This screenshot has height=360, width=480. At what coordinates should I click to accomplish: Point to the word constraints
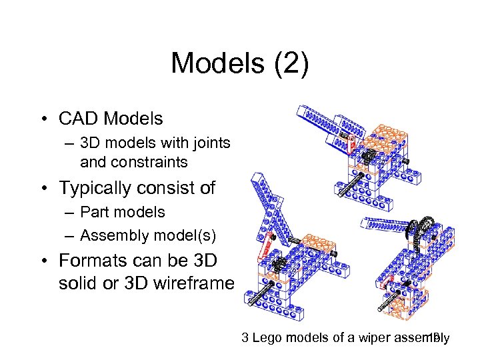click(152, 161)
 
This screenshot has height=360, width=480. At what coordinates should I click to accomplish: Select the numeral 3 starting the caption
click(245, 338)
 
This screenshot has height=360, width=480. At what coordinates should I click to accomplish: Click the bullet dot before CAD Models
click(42, 119)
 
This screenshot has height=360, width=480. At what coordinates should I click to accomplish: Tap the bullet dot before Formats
click(42, 261)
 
